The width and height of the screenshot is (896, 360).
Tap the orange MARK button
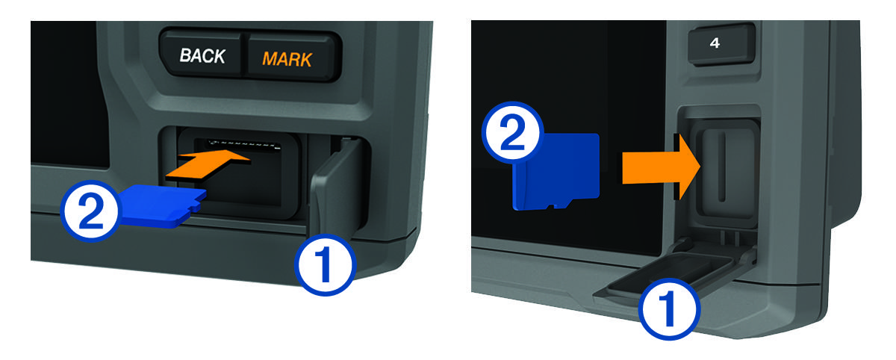(x=292, y=58)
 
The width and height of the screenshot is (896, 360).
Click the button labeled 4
(x=721, y=43)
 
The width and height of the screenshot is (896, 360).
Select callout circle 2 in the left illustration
(x=91, y=211)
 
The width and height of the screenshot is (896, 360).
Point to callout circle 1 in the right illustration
(x=669, y=309)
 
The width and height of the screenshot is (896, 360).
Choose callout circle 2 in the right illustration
(x=513, y=132)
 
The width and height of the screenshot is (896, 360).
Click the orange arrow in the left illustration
(x=208, y=165)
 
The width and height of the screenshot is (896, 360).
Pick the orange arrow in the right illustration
(x=661, y=167)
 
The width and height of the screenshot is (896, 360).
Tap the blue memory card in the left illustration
(x=162, y=205)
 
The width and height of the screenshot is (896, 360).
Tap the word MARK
(x=287, y=59)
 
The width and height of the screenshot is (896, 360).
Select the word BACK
(x=202, y=55)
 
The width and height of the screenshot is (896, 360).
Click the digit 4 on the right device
(x=715, y=43)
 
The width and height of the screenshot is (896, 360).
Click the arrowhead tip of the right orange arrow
(x=700, y=167)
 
